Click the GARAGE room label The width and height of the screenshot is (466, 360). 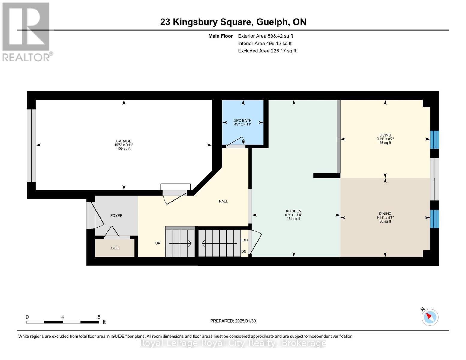tap(124, 141)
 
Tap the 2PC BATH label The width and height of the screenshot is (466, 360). tap(243, 121)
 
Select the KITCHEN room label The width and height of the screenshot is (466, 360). tap(293, 211)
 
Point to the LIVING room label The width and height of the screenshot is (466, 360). tap(385, 135)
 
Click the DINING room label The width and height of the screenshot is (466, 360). tap(385, 214)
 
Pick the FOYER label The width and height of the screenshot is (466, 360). tap(116, 216)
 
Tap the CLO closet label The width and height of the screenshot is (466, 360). tap(115, 248)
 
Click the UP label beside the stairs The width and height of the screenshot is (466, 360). tap(158, 243)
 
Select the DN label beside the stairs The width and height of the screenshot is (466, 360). tap(244, 251)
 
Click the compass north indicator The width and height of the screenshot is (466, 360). tap(430, 317)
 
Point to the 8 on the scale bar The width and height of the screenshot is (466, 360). tap(99, 317)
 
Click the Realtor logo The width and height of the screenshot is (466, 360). tap(26, 31)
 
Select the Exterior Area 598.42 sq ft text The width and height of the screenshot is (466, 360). tap(265, 36)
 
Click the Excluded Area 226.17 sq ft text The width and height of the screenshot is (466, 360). tap(267, 51)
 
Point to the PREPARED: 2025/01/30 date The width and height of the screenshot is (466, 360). tap(233, 321)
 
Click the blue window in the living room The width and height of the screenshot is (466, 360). tap(434, 139)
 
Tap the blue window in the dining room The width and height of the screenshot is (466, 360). tap(434, 219)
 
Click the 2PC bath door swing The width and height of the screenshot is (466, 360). tap(237, 142)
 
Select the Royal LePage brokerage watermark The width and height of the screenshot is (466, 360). tap(233, 343)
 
